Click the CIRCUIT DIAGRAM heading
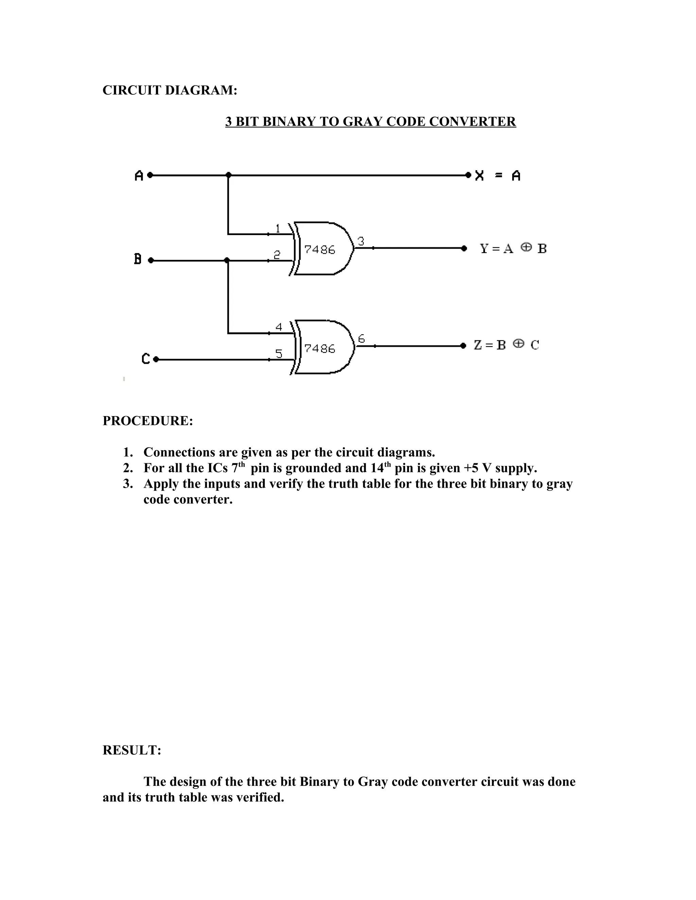click(x=170, y=90)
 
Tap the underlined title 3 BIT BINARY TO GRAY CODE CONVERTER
click(x=370, y=122)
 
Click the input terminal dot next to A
click(x=150, y=175)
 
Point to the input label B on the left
click(x=138, y=259)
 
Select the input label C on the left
click(x=145, y=359)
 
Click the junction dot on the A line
click(x=228, y=175)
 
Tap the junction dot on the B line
click(x=227, y=260)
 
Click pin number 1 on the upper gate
click(x=278, y=228)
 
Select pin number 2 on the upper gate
click(x=277, y=255)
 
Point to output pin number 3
click(x=361, y=241)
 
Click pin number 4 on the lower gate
click(x=279, y=327)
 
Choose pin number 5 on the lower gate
click(x=279, y=354)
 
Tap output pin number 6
click(x=361, y=339)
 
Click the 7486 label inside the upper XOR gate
click(x=319, y=250)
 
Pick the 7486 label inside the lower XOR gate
click(x=319, y=349)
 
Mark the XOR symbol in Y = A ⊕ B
click(x=526, y=247)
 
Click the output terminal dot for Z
click(x=464, y=345)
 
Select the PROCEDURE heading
click(x=147, y=421)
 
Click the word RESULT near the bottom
click(x=132, y=750)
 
